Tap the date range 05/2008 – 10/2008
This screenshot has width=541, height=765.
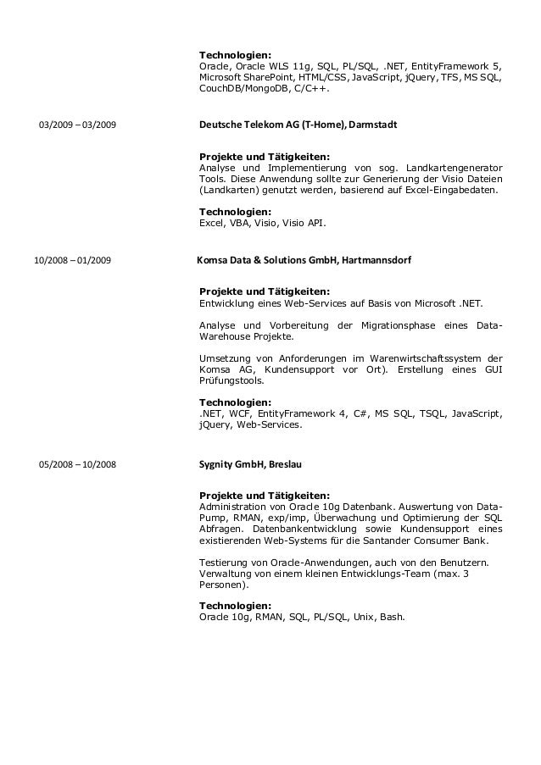(x=78, y=465)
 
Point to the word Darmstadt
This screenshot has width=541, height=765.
(x=371, y=125)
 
